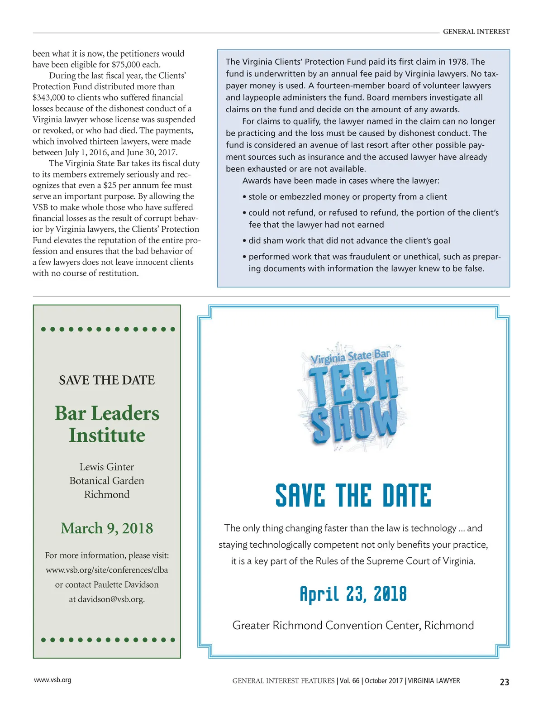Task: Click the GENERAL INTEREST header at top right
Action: [476, 32]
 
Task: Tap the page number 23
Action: [504, 682]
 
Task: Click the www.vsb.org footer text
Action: [52, 680]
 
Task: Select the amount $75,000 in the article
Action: [126, 65]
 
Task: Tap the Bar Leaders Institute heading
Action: [107, 424]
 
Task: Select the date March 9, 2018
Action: [107, 528]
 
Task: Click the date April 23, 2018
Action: [353, 594]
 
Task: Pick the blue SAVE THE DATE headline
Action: [353, 495]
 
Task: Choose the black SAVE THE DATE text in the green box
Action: [107, 380]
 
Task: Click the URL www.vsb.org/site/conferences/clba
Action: [107, 570]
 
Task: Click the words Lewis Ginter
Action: [107, 467]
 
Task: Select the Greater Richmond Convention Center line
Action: [353, 625]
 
